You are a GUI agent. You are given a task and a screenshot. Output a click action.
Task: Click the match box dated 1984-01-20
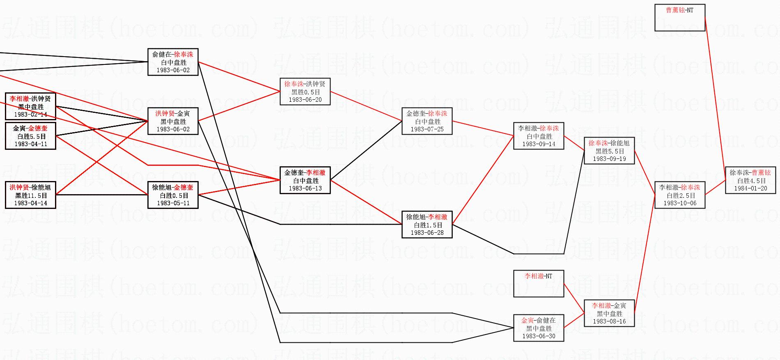tap(750, 180)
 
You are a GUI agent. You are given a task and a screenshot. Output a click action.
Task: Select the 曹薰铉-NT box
tap(679, 18)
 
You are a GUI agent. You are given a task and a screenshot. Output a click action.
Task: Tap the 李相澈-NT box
tap(538, 283)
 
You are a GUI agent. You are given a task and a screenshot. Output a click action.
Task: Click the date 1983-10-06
tap(680, 203)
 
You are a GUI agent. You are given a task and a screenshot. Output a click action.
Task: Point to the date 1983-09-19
tap(609, 159)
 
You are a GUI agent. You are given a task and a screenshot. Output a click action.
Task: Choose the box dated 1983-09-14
tap(538, 136)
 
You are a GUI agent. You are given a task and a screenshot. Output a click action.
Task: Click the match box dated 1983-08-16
tap(609, 313)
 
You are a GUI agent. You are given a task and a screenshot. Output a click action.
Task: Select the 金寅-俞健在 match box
tap(538, 328)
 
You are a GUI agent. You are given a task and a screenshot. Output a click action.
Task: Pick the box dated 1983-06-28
tap(427, 225)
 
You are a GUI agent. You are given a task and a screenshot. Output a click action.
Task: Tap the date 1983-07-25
tap(427, 129)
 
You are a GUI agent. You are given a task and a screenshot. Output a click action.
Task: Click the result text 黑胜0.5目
tap(305, 92)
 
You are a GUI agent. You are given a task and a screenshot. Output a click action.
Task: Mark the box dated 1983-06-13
tap(305, 180)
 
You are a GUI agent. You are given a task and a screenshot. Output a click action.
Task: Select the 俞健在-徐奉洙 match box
tap(173, 62)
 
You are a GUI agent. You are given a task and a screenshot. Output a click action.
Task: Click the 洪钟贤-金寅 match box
tap(173, 121)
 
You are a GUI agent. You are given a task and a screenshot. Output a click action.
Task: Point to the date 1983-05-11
tap(173, 203)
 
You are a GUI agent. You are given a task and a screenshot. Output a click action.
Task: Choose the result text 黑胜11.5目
tap(31, 195)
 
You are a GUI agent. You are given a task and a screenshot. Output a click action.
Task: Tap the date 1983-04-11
tap(31, 144)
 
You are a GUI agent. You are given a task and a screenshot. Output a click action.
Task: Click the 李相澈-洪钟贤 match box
tap(30, 106)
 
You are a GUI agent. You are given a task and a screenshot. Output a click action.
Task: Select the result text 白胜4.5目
tap(751, 181)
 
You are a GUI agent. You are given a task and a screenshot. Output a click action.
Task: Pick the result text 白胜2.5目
tap(680, 195)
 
